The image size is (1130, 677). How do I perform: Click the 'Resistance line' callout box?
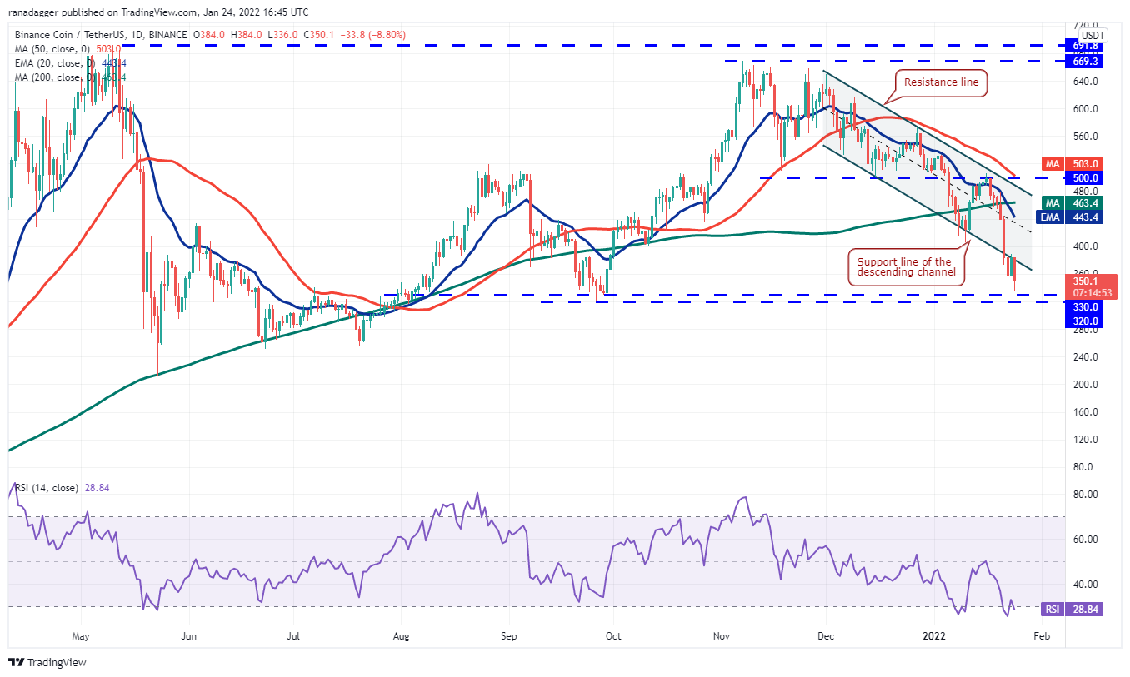click(942, 82)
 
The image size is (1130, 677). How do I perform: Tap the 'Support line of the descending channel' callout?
click(904, 267)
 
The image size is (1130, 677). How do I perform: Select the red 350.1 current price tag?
click(1092, 286)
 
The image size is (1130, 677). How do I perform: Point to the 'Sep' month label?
click(510, 636)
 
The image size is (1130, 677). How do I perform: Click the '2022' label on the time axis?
click(935, 636)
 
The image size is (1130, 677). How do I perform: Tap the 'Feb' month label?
click(1041, 636)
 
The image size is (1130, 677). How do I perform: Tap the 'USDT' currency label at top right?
click(1092, 35)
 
